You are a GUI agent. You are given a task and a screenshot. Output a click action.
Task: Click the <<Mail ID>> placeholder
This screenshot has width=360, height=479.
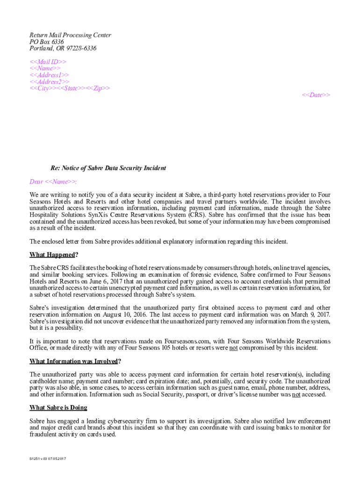coord(48,62)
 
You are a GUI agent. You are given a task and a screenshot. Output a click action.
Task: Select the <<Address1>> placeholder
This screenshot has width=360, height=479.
coord(50,75)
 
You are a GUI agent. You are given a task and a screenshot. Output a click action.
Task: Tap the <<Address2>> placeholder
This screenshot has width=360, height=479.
coord(50,81)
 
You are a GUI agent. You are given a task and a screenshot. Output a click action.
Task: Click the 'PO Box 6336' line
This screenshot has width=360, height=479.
coord(47,42)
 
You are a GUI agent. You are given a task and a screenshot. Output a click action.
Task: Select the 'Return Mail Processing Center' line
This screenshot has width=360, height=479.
coord(70,35)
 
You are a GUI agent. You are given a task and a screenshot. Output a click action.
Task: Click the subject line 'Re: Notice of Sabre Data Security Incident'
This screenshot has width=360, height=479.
coord(108,168)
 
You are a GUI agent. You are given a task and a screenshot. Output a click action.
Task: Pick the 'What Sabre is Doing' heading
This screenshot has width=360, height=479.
coord(58,407)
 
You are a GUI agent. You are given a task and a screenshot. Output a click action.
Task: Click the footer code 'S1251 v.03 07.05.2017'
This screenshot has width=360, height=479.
coord(48,458)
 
